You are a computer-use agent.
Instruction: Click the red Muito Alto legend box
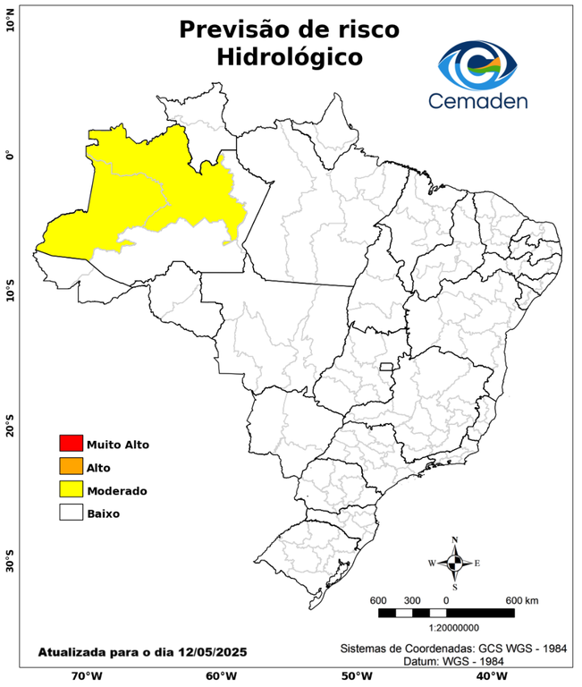[x=71, y=443]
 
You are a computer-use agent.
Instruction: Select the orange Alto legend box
[x=71, y=466]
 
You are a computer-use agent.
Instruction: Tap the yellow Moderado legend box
[x=71, y=489]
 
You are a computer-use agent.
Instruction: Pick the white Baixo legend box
[x=71, y=513]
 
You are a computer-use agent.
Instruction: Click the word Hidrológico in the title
[x=289, y=57]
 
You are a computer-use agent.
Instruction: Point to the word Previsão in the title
[x=234, y=29]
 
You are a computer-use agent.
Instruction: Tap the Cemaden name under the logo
[x=478, y=100]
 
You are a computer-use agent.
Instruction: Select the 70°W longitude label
[x=86, y=675]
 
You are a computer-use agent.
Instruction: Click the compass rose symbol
[x=454, y=564]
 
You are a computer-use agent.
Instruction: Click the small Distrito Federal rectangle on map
[x=387, y=367]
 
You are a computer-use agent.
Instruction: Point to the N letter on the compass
[x=454, y=539]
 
